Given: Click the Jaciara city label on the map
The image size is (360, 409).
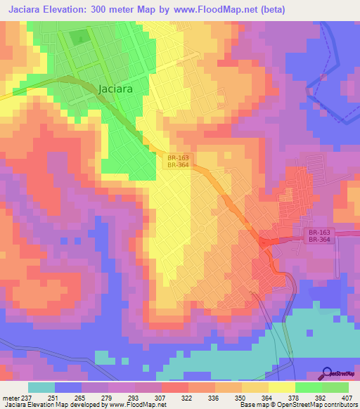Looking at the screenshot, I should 115,89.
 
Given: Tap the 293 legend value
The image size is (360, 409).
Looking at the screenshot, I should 134,396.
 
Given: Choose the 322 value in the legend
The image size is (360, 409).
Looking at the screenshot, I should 187,396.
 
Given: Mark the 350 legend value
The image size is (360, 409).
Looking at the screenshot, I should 240,396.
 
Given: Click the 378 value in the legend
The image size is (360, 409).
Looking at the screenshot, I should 294,396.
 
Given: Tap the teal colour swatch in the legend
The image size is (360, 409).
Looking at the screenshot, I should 41,387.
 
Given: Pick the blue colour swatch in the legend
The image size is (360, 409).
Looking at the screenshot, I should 68,387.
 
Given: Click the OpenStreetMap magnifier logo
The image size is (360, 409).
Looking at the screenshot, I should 328,373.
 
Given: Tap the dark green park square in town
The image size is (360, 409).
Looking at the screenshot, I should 79,37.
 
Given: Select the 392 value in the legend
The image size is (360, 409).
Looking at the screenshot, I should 321,396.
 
